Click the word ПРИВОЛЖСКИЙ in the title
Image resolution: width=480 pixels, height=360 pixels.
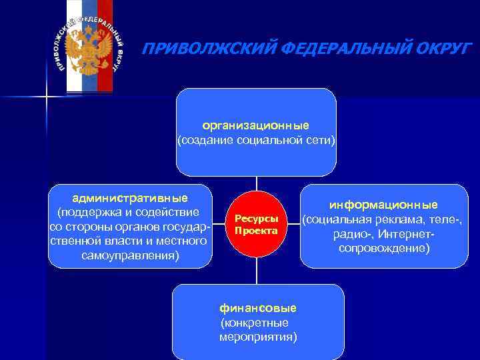(x=199, y=48)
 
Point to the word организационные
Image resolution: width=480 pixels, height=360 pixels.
(x=256, y=125)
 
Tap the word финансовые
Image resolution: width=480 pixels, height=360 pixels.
(x=258, y=307)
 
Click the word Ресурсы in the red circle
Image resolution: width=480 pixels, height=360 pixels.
(x=256, y=219)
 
